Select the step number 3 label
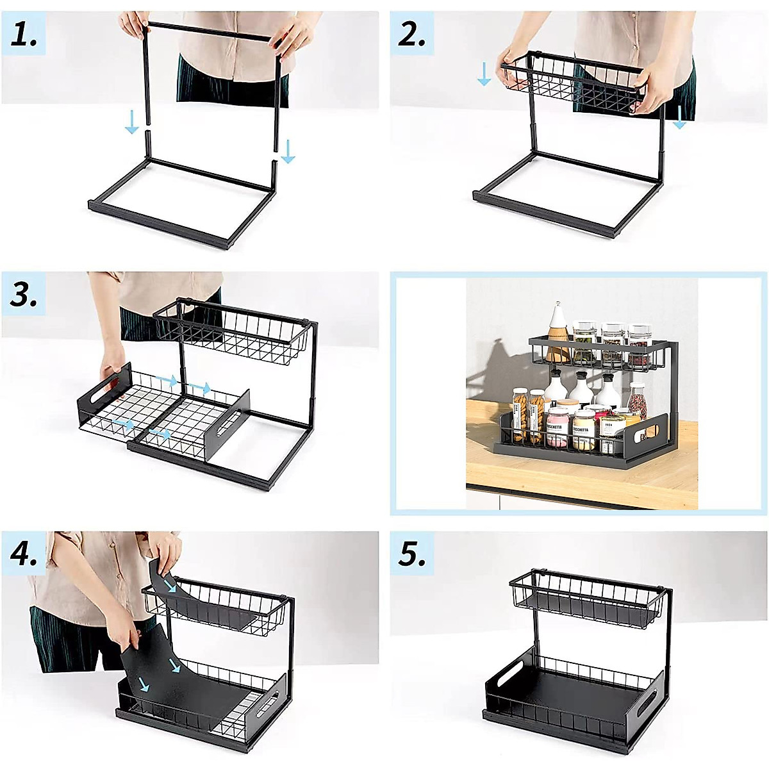24,295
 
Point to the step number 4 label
24,553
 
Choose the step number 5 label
411,553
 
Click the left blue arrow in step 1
131,122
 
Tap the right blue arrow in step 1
288,151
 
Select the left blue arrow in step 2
484,74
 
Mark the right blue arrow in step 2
679,118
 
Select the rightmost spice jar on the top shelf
639,343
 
